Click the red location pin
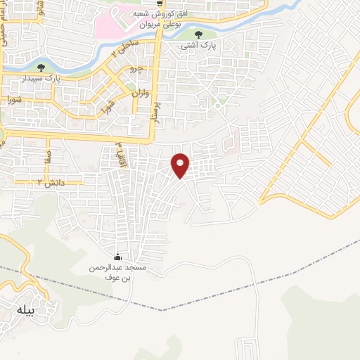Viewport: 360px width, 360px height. [x=181, y=165]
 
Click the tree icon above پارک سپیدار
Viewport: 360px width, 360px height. [x=41, y=67]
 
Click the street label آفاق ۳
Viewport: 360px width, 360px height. [x=120, y=149]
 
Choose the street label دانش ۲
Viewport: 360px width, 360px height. [x=46, y=183]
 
